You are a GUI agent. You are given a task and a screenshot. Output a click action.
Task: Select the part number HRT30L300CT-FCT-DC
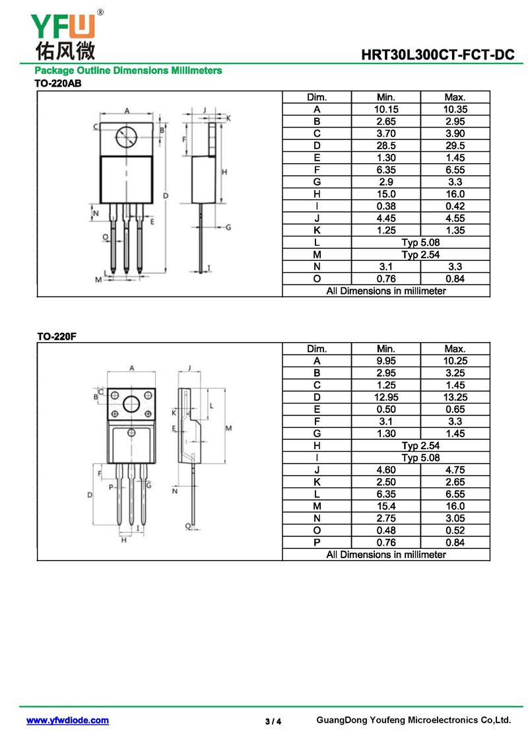coord(438,55)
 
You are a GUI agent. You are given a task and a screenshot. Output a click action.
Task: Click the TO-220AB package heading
coord(57,83)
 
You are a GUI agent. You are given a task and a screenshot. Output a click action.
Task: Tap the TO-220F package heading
coord(57,336)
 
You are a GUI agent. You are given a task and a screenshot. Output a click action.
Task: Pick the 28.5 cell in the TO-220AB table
coord(385,146)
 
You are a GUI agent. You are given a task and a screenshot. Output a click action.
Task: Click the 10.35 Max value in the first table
coord(455,110)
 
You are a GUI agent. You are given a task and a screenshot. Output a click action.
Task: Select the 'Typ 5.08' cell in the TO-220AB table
coord(420,242)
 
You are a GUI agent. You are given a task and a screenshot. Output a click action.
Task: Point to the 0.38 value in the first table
coord(385,206)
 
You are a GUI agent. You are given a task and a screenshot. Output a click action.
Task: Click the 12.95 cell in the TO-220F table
coord(385,398)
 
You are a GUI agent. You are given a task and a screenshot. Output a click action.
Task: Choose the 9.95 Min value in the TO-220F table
coord(385,361)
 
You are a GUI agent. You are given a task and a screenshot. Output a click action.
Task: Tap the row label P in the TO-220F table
coord(317,543)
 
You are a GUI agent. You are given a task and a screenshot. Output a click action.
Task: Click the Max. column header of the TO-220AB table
coord(455,97)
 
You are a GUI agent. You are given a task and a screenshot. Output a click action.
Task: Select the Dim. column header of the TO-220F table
coord(317,349)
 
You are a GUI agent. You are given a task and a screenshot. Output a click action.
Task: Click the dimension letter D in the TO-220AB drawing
coord(166,196)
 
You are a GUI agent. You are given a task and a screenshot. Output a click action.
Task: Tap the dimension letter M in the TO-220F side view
coord(228,428)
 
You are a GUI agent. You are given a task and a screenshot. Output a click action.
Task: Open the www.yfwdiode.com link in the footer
coord(67,721)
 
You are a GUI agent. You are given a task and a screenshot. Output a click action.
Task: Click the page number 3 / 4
coord(273,721)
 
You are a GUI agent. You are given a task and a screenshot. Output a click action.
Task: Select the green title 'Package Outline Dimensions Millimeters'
coord(128,71)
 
